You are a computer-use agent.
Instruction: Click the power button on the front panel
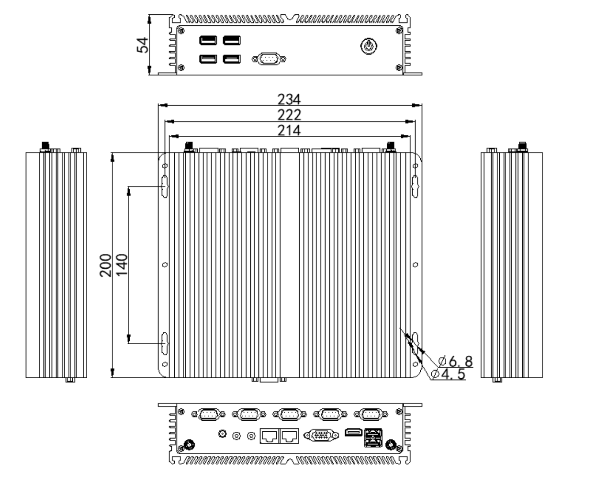point(368,46)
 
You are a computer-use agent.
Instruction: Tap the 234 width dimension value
point(289,99)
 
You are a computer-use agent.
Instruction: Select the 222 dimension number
point(289,115)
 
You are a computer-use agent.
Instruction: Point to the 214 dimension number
point(289,130)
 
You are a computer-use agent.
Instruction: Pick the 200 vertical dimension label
point(106,265)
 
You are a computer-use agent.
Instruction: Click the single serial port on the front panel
point(269,59)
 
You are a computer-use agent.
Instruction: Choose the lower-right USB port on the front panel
point(232,59)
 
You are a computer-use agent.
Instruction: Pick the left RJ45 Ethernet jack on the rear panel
point(269,435)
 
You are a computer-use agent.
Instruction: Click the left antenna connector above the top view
point(189,146)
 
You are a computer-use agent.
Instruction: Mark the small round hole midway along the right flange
point(415,264)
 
